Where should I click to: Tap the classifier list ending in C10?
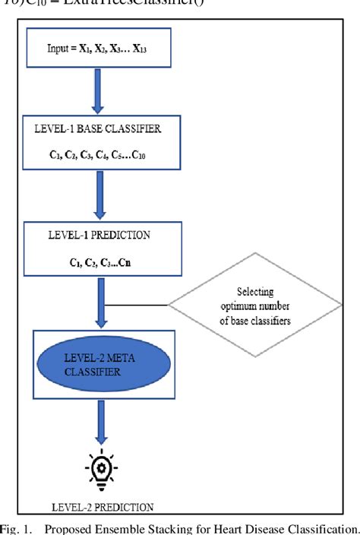pos(103,154)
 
